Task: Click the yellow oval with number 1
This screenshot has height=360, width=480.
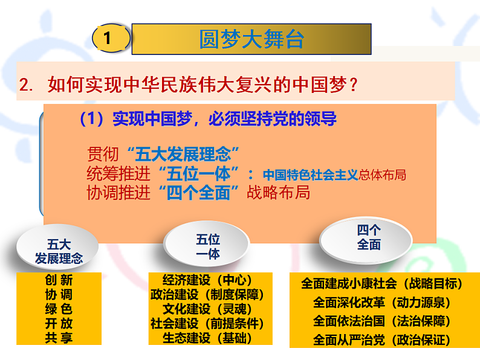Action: click(109, 39)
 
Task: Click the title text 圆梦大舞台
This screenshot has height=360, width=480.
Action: click(251, 39)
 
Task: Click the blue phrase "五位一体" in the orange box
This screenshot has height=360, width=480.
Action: click(201, 173)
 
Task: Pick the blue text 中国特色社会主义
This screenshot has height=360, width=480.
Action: click(310, 175)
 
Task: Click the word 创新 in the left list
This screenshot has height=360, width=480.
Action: click(59, 280)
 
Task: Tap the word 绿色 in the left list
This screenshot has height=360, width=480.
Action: click(59, 309)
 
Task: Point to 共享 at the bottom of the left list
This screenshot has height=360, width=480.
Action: click(59, 338)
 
